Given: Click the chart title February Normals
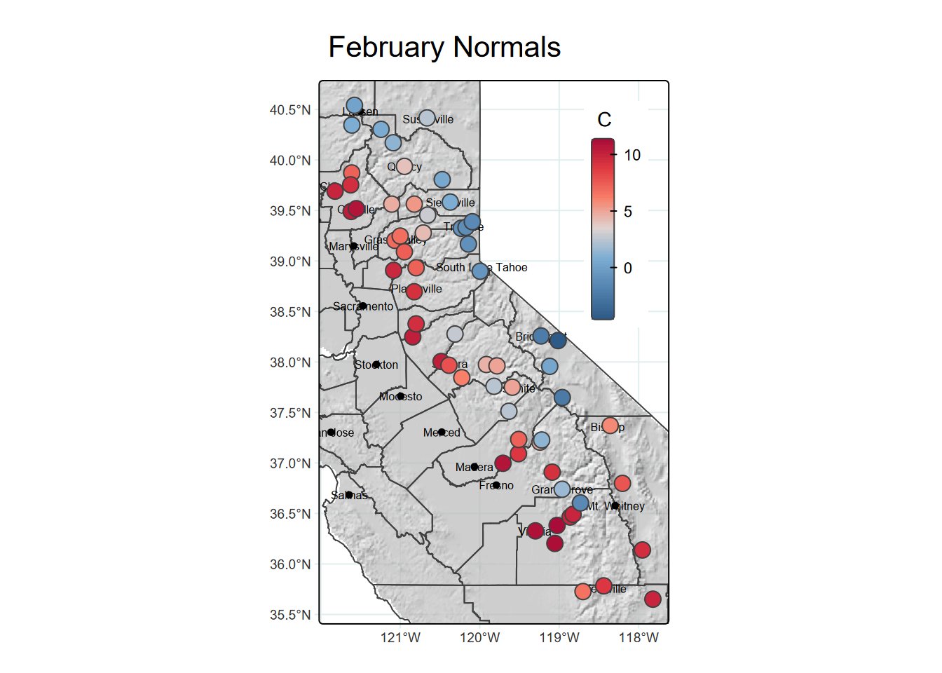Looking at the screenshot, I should point(444,48).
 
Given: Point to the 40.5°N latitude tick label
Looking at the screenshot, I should point(290,110).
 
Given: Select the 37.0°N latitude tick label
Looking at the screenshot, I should point(290,463).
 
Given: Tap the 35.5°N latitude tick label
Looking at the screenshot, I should point(290,615).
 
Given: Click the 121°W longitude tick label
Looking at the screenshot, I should point(400,638).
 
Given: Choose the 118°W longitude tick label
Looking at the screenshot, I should point(639,638).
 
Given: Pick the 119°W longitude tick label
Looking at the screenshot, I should point(559,638).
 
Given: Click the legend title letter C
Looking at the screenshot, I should point(604,120).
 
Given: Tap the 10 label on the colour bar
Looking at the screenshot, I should point(632,155).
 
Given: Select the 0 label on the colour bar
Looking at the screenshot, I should point(628,268).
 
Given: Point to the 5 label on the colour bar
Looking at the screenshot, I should point(628,212).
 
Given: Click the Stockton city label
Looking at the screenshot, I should point(376,365).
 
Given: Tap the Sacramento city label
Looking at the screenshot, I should point(363,306).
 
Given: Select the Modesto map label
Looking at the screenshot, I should point(401,397).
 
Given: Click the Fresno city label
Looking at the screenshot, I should point(496,485).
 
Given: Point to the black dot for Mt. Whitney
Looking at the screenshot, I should point(615,505).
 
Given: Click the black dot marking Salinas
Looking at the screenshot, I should point(349,495).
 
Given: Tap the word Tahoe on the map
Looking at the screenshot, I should point(512,268).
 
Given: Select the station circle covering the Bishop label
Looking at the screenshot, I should point(610,426).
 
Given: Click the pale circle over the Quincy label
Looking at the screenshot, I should point(404,166).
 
